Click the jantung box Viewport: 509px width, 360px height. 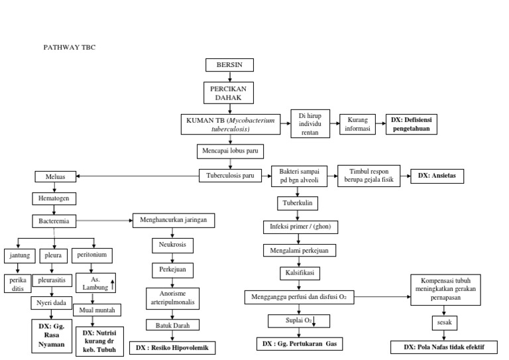coord(19,255)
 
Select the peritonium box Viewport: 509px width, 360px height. coord(94,255)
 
